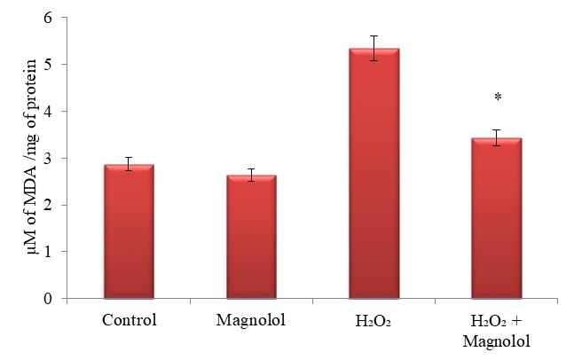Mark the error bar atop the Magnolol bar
tap(250, 175)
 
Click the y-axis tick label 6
tap(49, 18)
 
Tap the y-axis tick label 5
tap(49, 65)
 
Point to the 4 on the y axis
tap(49, 112)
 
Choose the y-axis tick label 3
tap(49, 159)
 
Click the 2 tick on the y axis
tap(49, 206)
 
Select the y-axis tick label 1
tap(49, 252)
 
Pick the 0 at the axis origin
tap(49, 299)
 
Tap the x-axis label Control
tap(129, 319)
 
